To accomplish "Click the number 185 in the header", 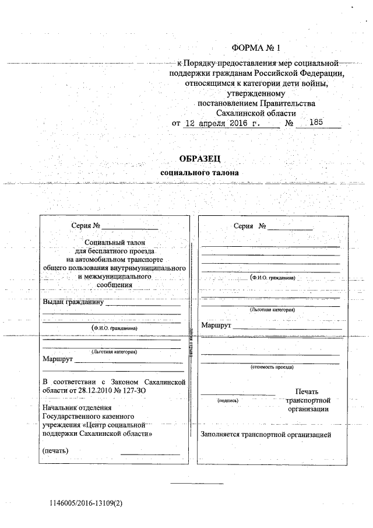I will coord(316,123).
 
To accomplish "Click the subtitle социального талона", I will coord(200,173).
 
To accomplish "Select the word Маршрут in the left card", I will coord(57,359).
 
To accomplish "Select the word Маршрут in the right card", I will coord(216,325).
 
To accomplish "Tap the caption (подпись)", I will coord(226,401).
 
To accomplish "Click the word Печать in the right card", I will coord(307,391).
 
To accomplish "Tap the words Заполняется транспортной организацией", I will coord(266,435).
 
